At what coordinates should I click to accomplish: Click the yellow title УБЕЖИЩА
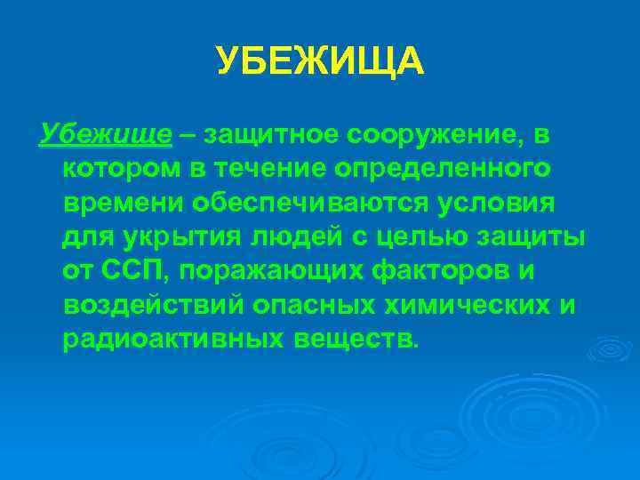320,61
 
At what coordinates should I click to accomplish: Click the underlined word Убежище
106,134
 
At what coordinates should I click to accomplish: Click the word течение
266,168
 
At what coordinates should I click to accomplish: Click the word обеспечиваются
308,202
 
